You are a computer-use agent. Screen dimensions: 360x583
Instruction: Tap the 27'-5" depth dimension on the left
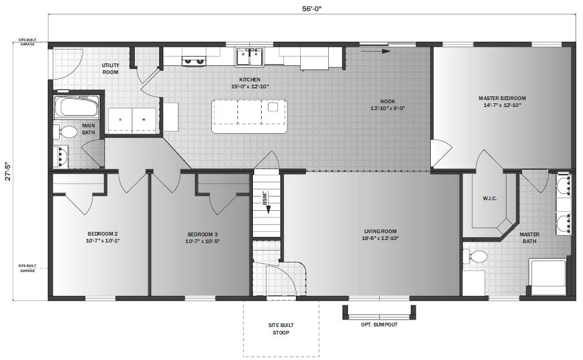(7, 172)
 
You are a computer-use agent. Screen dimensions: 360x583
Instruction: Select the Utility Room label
(110, 68)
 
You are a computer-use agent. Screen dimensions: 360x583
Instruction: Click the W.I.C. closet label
(489, 199)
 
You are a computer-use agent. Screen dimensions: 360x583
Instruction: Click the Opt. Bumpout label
(379, 325)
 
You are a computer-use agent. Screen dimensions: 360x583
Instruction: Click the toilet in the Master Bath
(477, 257)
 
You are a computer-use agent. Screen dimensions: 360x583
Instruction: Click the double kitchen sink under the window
(250, 57)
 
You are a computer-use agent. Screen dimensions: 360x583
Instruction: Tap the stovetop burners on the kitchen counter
(194, 61)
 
